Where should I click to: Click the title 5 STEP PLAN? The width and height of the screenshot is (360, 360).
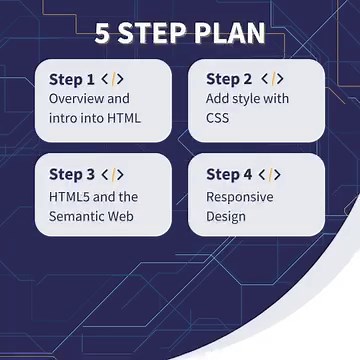click(180, 34)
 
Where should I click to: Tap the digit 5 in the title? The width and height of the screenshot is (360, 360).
click(103, 34)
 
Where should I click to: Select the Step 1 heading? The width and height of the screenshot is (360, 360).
click(72, 79)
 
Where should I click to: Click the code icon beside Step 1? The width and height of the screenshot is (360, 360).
click(113, 79)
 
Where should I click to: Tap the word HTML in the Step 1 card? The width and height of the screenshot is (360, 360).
click(123, 118)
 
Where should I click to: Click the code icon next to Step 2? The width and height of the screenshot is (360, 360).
click(271, 79)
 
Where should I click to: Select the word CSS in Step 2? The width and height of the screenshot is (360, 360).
click(218, 118)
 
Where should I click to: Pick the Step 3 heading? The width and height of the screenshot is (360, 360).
click(72, 174)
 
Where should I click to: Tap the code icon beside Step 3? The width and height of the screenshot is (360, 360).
click(113, 174)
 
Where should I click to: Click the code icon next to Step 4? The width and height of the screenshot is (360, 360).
click(271, 174)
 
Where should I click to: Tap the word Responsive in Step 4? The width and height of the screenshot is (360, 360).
click(240, 196)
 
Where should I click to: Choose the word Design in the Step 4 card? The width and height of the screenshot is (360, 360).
click(226, 215)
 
